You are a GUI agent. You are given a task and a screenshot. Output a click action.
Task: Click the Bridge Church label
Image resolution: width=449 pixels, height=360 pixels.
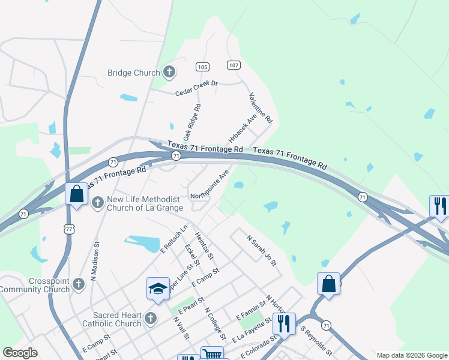133,73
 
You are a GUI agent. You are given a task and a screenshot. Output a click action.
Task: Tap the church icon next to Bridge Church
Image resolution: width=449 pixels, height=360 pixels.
169,73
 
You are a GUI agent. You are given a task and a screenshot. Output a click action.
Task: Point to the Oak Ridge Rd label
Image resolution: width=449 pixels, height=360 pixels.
191,121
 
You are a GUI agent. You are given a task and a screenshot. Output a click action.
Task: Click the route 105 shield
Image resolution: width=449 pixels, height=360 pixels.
202,67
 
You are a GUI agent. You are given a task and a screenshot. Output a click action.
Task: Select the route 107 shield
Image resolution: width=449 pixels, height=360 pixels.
234,65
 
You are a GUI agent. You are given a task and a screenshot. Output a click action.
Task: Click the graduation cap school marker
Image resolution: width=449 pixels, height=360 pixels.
158,288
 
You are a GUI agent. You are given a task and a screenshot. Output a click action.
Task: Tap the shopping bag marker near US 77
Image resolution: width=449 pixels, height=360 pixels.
76,194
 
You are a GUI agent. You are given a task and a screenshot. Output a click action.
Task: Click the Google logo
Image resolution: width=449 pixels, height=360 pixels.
20,353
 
